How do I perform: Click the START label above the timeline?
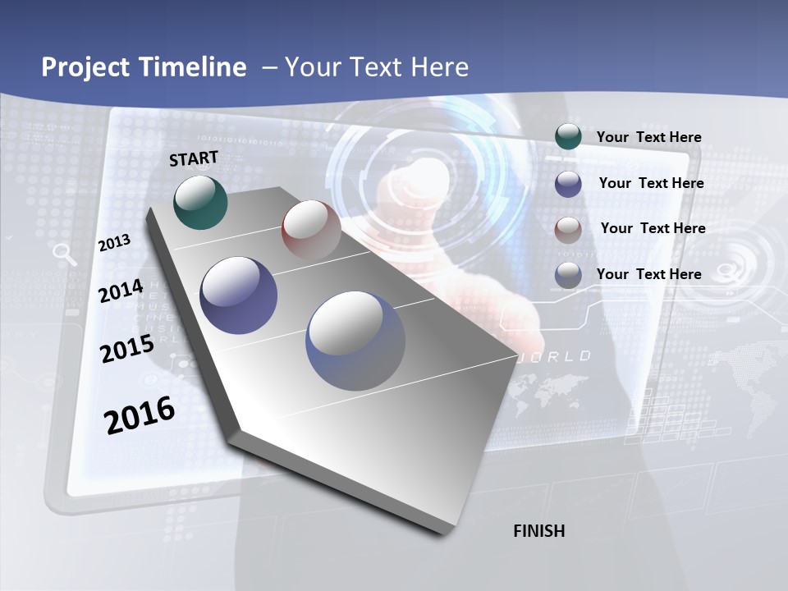point(194,158)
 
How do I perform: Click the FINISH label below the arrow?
point(538,531)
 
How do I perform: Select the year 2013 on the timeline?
point(114,243)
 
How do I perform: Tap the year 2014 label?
point(121,291)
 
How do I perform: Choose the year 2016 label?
point(139,415)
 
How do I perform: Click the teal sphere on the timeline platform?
point(200,202)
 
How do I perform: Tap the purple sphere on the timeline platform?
point(238,295)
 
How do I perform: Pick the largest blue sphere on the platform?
point(355,340)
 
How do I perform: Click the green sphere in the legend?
point(568,137)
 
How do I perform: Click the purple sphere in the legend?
point(568,184)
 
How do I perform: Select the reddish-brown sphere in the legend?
point(568,229)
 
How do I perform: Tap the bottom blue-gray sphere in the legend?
point(568,275)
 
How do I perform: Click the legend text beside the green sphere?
point(648,137)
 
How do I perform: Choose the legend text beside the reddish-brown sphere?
point(653,228)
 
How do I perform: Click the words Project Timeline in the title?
point(144,67)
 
